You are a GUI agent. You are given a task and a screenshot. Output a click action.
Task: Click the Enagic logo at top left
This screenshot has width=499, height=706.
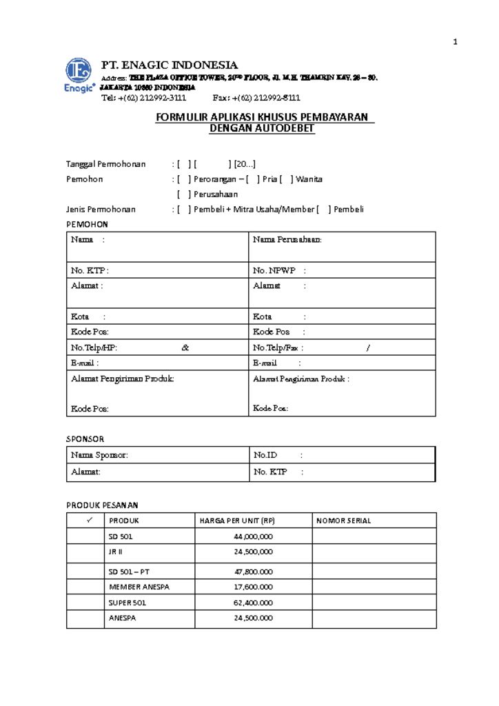point(79,76)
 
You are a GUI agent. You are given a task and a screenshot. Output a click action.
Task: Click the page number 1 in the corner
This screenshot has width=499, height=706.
point(455,43)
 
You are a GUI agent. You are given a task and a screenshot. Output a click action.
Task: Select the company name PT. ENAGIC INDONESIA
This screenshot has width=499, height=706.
point(170,65)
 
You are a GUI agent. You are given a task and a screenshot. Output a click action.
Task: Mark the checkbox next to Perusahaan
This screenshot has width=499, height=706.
point(183,194)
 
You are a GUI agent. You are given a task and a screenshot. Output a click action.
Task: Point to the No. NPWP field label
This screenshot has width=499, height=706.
point(274,271)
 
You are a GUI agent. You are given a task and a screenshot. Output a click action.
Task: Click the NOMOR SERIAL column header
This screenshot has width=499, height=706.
point(343,521)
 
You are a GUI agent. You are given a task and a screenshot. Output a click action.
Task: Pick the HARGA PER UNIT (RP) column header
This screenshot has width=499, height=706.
point(236,521)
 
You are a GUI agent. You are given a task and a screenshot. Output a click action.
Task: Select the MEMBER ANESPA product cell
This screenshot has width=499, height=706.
point(139,586)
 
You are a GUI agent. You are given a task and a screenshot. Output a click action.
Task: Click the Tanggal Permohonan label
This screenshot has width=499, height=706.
point(105,164)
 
